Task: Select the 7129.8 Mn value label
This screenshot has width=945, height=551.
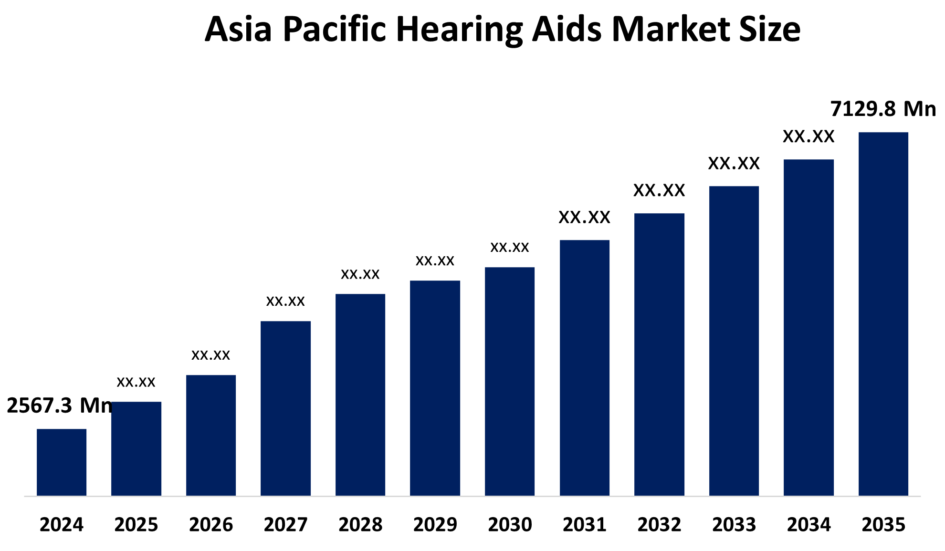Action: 883,109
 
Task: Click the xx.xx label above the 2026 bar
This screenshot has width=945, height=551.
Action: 210,355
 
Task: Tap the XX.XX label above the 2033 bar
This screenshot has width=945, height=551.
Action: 734,164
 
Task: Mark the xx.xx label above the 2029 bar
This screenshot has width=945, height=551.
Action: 435,261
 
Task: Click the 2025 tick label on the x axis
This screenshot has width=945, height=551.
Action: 136,525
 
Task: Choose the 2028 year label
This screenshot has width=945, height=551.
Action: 360,525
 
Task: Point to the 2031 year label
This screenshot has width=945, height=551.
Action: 584,525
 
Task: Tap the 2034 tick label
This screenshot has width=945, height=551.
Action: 808,525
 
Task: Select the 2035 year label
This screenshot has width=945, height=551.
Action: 883,525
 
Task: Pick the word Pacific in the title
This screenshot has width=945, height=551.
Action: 334,30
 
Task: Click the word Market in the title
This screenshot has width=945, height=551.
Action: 671,30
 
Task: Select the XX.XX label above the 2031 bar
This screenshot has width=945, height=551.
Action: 584,218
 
